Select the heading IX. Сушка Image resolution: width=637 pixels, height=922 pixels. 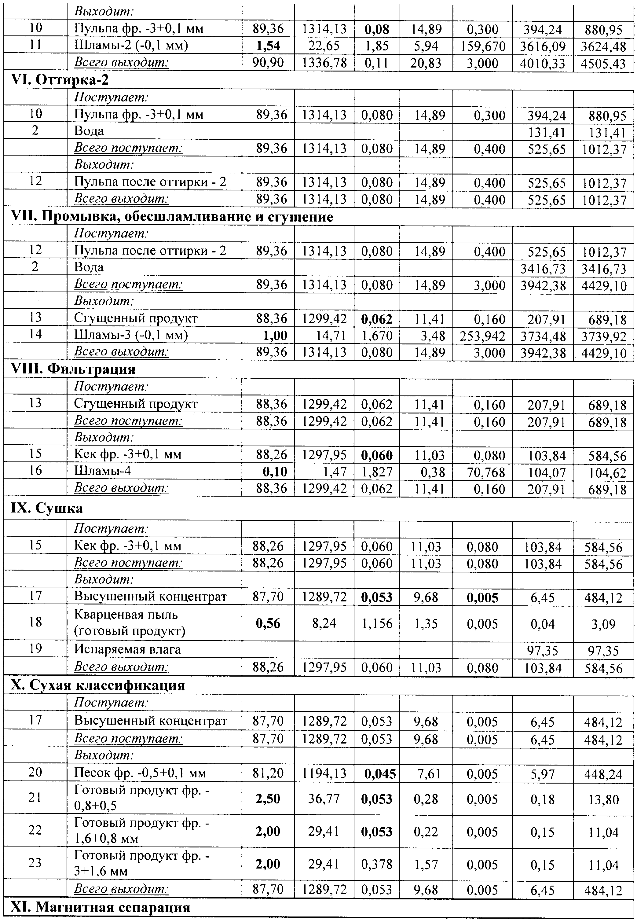click(x=47, y=508)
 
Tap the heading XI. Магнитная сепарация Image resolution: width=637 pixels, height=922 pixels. click(x=100, y=907)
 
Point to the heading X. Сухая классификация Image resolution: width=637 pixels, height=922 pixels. click(x=97, y=685)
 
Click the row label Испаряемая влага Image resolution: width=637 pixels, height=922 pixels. click(x=127, y=649)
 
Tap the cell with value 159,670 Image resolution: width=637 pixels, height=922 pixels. click(x=482, y=46)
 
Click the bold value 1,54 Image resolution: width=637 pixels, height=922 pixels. click(x=268, y=46)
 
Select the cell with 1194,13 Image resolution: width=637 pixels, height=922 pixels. click(x=324, y=773)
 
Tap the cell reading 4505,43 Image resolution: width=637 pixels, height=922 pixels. click(x=603, y=64)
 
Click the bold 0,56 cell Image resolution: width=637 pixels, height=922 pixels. click(x=268, y=623)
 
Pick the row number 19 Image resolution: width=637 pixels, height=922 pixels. click(x=35, y=648)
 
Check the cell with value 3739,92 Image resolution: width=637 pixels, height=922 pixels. click(x=603, y=336)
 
